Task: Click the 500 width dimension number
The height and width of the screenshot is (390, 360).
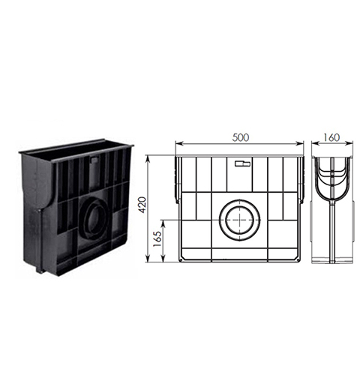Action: coord(241,137)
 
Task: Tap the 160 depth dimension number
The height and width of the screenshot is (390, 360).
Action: coord(331,137)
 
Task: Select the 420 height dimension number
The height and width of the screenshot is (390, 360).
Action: coord(142,205)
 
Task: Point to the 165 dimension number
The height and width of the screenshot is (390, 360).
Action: coord(157,239)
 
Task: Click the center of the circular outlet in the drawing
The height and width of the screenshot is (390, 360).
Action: coord(239,220)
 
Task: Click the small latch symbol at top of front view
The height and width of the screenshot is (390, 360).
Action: coord(242,163)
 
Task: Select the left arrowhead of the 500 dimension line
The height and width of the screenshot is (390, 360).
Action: coord(178,143)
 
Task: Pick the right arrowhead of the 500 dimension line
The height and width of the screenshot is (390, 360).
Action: coord(300,143)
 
